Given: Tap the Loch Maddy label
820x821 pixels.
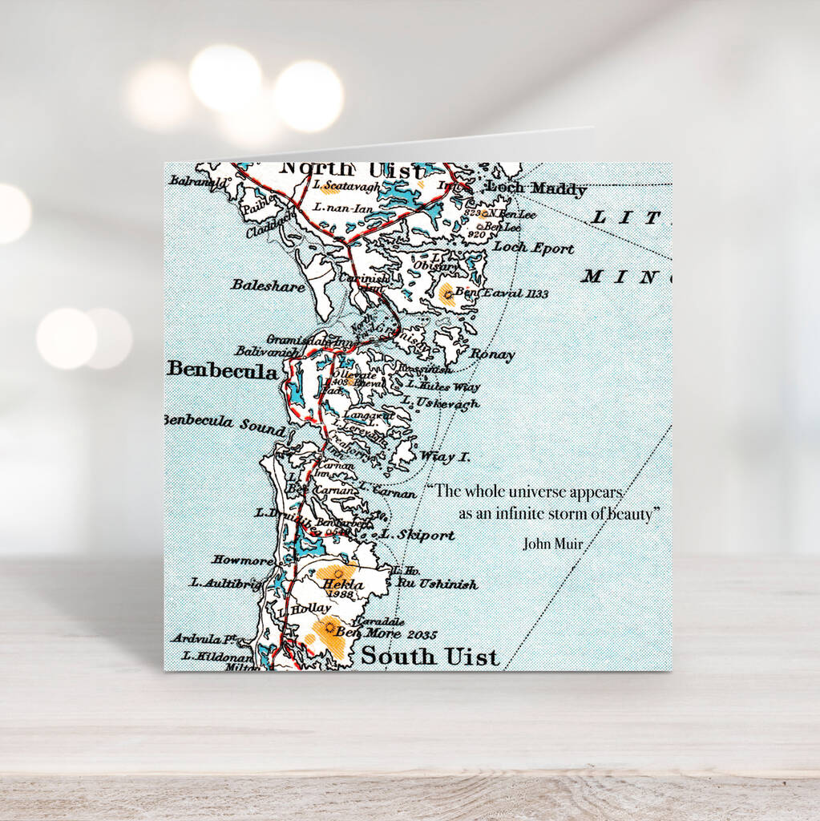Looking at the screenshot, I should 536,189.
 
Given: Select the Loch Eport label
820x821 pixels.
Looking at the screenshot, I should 533,248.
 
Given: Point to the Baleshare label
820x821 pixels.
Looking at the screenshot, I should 268,285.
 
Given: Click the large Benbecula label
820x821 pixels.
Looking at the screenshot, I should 222,370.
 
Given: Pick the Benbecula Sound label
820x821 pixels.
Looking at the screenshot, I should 224,423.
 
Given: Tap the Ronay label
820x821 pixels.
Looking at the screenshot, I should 492,354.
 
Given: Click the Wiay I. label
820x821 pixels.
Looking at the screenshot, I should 445,456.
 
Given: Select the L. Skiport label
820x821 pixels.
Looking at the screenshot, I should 417,534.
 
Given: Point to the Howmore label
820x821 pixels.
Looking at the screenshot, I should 243,559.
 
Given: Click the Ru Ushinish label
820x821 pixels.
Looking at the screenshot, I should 437,584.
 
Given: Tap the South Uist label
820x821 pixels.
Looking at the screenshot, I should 430,656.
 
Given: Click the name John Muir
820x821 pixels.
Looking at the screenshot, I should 553,543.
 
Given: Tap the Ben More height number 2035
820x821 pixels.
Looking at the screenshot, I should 422,635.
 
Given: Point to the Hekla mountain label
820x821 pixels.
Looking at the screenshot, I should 342,585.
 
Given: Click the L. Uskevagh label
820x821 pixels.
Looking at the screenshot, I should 440,403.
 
